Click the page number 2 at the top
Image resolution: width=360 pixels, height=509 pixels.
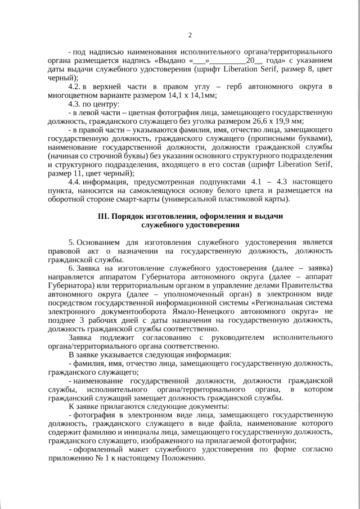point(190,35)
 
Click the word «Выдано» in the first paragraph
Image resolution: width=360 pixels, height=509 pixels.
point(170,60)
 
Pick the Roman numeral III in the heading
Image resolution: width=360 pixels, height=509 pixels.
point(104,216)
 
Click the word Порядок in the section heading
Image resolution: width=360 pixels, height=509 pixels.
point(129,216)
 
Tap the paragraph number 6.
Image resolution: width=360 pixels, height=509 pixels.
point(71,268)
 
